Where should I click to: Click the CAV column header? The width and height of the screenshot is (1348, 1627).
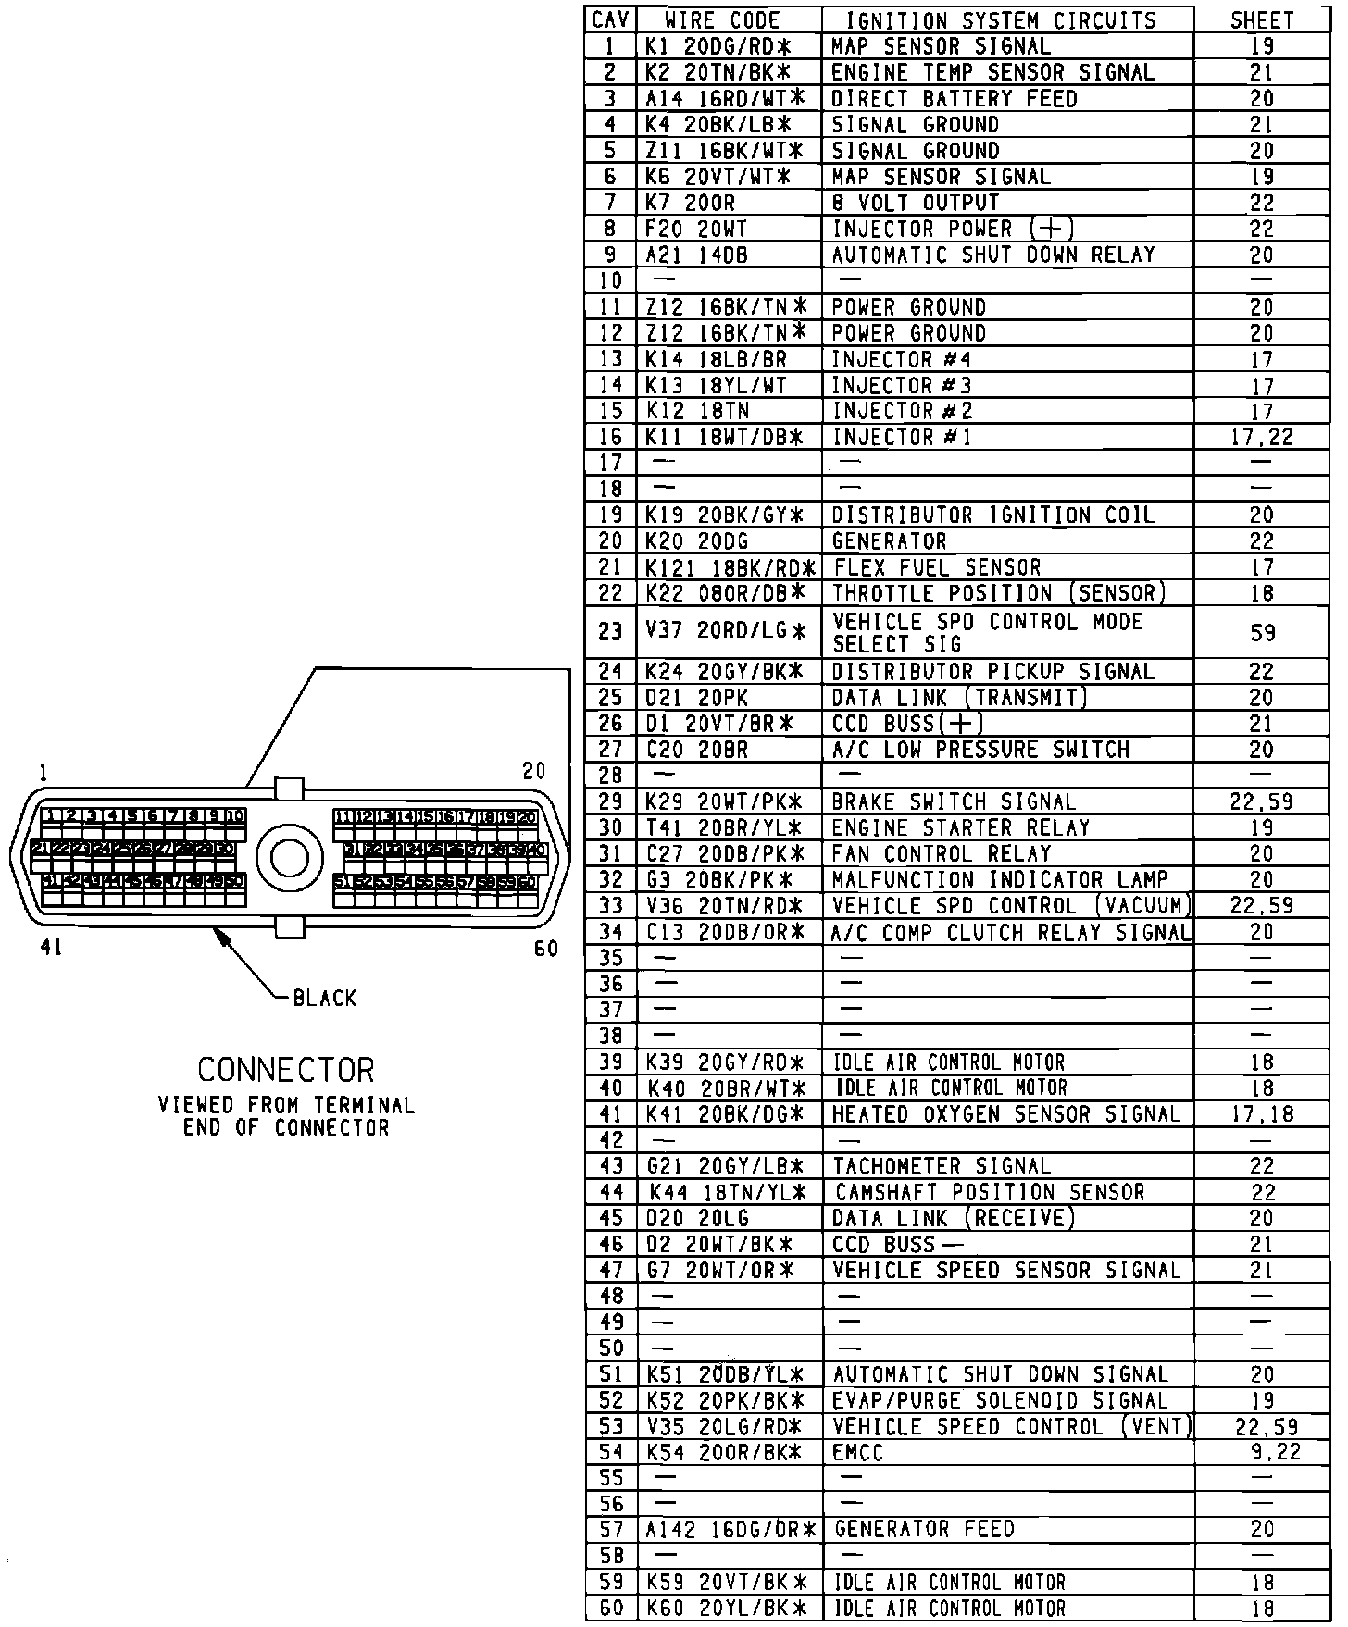click(611, 20)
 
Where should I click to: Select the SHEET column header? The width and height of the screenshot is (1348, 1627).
click(1261, 20)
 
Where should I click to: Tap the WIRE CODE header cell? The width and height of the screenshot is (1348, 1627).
click(723, 20)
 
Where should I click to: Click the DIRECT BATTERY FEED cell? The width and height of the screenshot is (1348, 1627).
click(954, 98)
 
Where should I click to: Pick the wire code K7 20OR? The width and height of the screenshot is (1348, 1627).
click(691, 203)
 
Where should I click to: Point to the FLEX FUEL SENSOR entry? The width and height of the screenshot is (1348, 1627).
click(937, 567)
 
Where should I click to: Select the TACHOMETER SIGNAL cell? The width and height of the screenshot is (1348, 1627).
click(942, 1166)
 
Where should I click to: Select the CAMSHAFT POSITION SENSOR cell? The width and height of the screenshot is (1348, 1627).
click(990, 1192)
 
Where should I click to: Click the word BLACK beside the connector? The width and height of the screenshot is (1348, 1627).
click(324, 998)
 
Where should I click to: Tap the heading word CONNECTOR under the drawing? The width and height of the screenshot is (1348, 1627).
click(286, 1070)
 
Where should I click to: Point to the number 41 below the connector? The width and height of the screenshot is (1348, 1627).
click(51, 948)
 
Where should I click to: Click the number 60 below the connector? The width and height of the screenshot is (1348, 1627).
click(546, 950)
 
